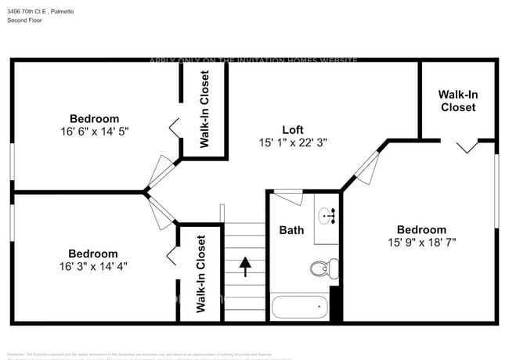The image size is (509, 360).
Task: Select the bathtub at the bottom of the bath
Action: click(299, 306)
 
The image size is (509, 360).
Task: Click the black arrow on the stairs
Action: click(245, 266)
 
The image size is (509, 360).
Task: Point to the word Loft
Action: click(292, 129)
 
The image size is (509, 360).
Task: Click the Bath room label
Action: click(291, 230)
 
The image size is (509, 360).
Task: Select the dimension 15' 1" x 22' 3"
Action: click(292, 142)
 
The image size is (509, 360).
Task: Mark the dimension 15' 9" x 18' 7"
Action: click(421, 243)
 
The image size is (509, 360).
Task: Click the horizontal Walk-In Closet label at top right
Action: click(458, 101)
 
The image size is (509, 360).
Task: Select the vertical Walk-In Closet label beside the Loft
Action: click(204, 110)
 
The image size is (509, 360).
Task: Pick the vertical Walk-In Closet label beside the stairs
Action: click(200, 274)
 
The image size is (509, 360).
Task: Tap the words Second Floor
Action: click(25, 20)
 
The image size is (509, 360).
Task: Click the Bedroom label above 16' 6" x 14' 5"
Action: click(94, 119)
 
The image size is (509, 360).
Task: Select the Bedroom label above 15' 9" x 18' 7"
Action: click(421, 229)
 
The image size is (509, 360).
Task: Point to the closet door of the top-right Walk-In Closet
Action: click(467, 146)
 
